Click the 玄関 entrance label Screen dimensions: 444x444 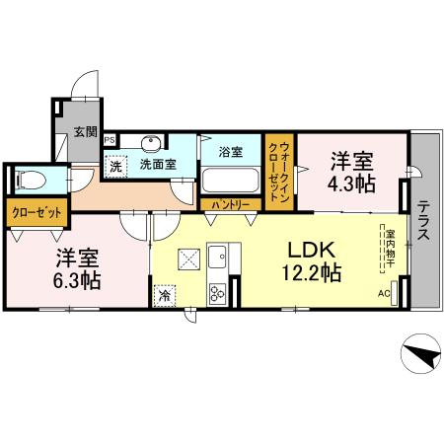pos(86,131)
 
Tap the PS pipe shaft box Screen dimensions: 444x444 pos(109,140)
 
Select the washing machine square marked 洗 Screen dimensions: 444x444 pos(115,165)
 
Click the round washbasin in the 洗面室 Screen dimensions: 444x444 pos(152,143)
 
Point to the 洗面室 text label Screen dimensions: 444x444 pos(158,164)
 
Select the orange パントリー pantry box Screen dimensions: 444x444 pos(232,204)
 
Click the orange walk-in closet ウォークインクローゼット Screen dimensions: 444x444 pos(279,170)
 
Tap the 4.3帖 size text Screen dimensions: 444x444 pos(352,184)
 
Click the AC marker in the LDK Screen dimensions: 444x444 pos(384,293)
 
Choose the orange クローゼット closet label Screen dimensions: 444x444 pos(37,211)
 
